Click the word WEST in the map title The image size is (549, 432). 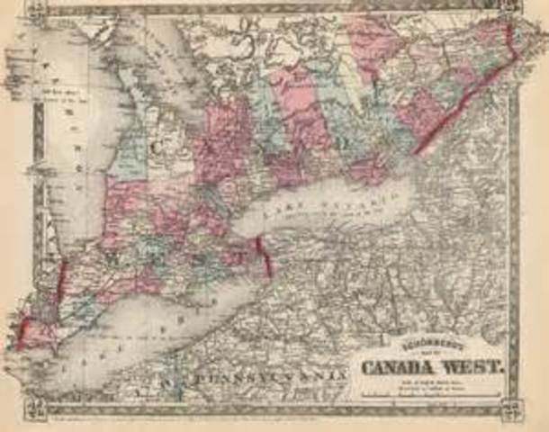(476, 370)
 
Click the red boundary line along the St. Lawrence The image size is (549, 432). (468, 94)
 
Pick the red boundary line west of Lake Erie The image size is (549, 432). (60, 287)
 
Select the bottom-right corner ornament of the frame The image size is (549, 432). (513, 409)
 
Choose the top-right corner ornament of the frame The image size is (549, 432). (513, 11)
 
